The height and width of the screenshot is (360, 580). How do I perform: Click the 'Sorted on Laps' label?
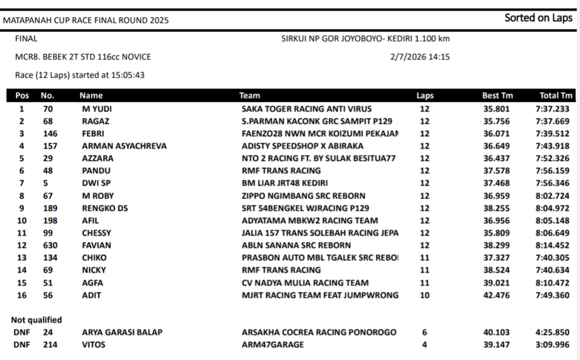[538, 18]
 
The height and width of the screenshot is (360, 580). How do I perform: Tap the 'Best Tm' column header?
[498, 96]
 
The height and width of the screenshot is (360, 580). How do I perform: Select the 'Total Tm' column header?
[556, 96]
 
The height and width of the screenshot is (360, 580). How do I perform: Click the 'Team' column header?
[250, 96]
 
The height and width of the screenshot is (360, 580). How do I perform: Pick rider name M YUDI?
[97, 109]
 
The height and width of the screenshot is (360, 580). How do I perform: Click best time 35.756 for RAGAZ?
[496, 121]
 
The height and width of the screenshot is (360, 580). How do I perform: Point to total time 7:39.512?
[552, 134]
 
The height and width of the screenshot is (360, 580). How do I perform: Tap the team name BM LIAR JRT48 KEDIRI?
[285, 183]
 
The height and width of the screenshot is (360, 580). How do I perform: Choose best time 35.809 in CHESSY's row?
[496, 233]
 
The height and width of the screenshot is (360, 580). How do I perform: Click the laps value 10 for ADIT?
[425, 295]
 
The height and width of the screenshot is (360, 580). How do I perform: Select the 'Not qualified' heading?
[36, 320]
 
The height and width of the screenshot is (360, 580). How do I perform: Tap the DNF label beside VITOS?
[21, 345]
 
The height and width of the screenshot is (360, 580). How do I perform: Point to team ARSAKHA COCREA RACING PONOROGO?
[319, 332]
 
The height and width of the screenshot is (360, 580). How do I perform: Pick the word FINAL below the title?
[26, 39]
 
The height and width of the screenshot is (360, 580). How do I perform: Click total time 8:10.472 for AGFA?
[552, 283]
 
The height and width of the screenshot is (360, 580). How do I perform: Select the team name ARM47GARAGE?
[273, 345]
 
